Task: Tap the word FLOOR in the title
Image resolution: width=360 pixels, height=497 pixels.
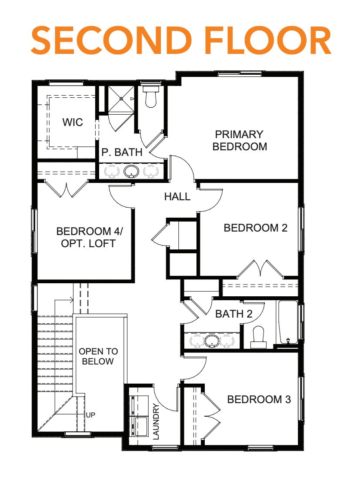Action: tap(268, 40)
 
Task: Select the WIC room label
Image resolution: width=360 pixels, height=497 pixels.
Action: tap(73, 122)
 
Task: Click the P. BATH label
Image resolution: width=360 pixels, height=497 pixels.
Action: tap(122, 152)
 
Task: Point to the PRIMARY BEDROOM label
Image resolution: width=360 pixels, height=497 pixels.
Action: tap(240, 140)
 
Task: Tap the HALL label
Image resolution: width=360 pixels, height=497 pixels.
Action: tap(177, 196)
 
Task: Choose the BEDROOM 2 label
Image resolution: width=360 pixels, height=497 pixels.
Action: tap(255, 228)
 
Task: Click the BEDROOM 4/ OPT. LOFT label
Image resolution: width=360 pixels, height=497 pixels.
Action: tap(89, 237)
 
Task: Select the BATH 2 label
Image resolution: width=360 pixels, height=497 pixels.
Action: tap(234, 314)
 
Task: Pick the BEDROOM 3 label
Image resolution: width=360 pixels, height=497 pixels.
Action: tap(259, 399)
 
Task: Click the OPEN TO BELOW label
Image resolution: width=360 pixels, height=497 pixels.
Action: tap(98, 356)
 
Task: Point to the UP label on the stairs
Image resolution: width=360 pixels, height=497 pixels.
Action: tap(90, 415)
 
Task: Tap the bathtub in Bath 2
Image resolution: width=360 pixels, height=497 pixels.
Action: tap(288, 322)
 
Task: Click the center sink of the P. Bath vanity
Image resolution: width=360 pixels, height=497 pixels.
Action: tap(131, 172)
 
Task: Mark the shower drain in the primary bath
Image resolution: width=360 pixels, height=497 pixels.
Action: tap(121, 99)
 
